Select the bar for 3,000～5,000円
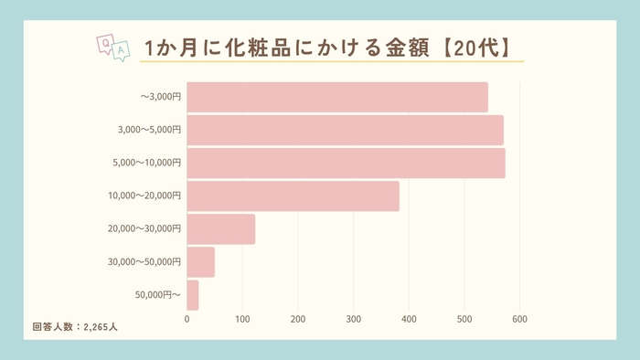tap(345, 130)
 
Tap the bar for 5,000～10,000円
tap(346, 163)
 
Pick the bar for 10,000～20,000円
tap(293, 196)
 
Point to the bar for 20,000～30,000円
tap(220, 228)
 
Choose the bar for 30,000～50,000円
tap(200, 261)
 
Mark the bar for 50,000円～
tap(192, 295)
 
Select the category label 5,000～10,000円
tap(150, 163)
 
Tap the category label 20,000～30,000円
tap(146, 228)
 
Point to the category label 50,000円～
tap(158, 295)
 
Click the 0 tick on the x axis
tap(187, 319)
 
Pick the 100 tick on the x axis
tap(242, 319)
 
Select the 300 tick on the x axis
tap(354, 319)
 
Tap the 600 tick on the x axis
tap(519, 319)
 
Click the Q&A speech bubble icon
tap(112, 48)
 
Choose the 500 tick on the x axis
tap(464, 319)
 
